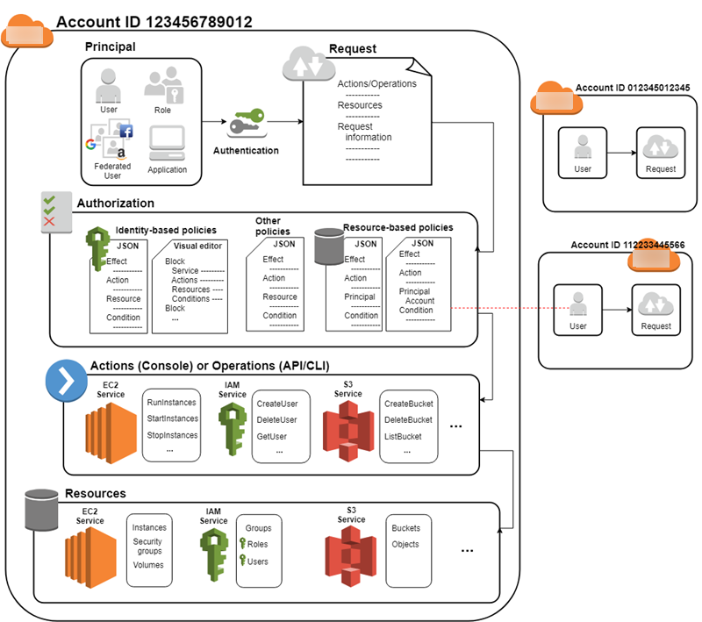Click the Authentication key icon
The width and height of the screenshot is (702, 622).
pos(246,124)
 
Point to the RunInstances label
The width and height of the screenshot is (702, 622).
pos(172,403)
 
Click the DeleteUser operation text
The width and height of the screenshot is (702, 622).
pos(276,419)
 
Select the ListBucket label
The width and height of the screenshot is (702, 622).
pos(408,435)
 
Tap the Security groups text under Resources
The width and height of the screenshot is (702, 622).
pos(148,547)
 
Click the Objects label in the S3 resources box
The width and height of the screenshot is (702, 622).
pos(405,544)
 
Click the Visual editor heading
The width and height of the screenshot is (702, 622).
pos(197,246)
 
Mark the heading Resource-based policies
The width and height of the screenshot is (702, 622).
pos(398,227)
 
